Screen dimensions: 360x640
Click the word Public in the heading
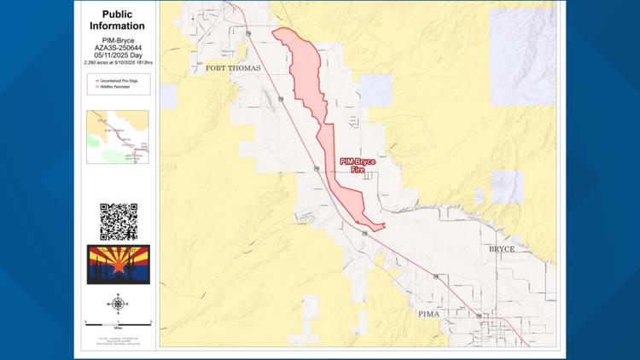[x=117, y=15]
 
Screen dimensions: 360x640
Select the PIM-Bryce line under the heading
[x=117, y=39]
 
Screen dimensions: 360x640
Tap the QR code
[x=118, y=222]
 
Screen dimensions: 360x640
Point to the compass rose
[x=117, y=303]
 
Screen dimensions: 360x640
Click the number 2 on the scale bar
[x=150, y=321]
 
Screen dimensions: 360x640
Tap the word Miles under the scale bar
[x=117, y=328]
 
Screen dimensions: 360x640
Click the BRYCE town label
[x=501, y=248]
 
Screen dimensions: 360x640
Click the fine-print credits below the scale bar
[x=117, y=340]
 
